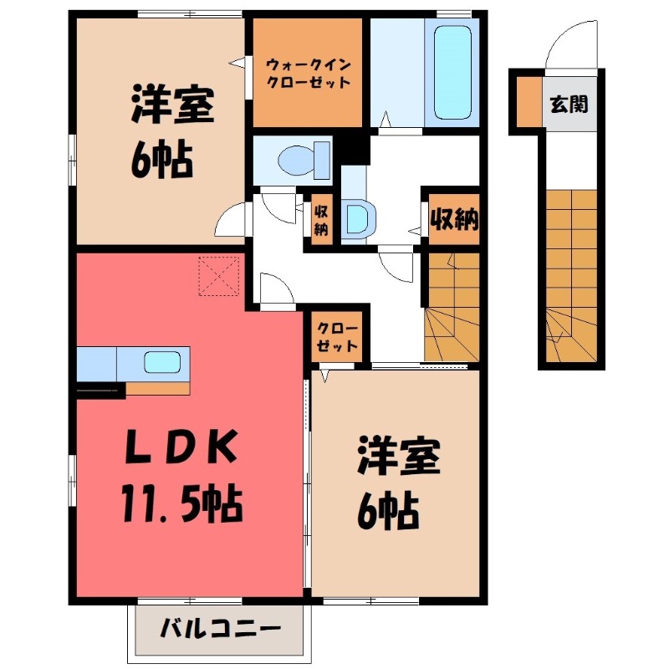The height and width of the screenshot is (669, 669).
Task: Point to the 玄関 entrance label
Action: point(569,105)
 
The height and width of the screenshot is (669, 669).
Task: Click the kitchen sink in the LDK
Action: point(161,362)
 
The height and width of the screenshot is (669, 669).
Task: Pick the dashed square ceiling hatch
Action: point(218,276)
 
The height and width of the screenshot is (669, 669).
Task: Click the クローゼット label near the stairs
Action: point(338,336)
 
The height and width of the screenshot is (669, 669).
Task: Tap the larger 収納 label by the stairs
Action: point(454,220)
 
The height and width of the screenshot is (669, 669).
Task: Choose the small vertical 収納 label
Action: point(320,220)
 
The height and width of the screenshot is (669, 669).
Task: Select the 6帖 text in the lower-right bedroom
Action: point(389,508)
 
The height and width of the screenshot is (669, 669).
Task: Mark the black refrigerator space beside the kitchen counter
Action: point(100,387)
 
